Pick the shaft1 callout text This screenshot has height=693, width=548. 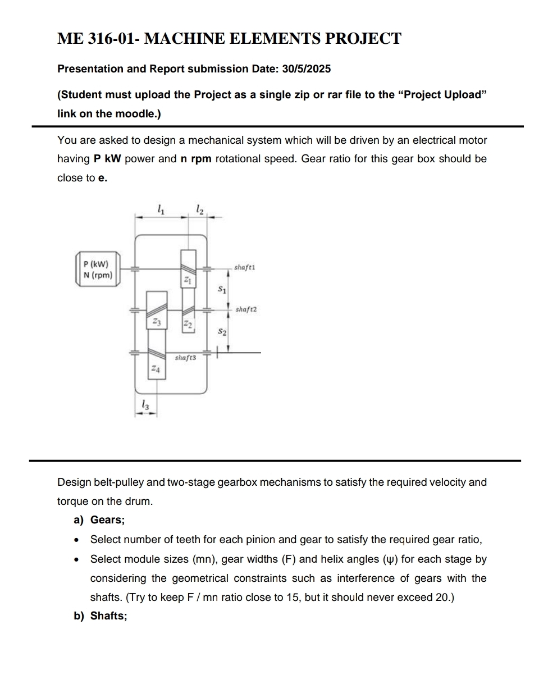pos(245,267)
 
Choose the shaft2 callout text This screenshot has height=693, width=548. pos(246,309)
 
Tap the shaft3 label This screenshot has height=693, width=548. pos(186,357)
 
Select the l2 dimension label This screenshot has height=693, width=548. pos(200,209)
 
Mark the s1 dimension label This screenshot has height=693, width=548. pos(222,290)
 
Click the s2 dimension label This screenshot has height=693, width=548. pos(222,332)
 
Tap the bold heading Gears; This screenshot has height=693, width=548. pos(107,520)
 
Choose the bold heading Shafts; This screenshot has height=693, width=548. pos(108,616)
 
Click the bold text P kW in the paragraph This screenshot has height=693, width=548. pos(107,159)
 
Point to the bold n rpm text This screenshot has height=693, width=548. pos(195,159)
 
